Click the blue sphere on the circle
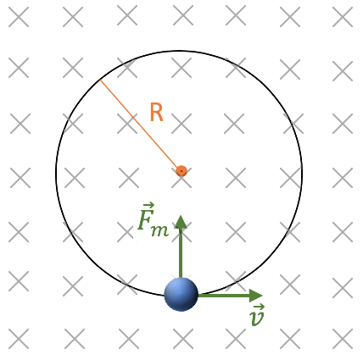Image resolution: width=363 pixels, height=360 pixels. point(181,294)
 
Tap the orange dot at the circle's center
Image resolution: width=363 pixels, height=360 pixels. point(181,171)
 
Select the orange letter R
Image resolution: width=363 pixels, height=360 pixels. point(156,113)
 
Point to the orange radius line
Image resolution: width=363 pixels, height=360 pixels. point(139,125)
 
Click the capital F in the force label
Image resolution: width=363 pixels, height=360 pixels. point(145,219)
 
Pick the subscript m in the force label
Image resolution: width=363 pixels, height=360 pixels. point(160,230)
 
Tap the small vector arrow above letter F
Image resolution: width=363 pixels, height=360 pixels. point(148,205)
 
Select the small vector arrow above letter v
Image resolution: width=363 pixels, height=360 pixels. point(259,307)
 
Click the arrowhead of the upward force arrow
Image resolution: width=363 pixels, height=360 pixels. point(181,222)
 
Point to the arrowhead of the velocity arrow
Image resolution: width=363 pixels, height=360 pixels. point(256,296)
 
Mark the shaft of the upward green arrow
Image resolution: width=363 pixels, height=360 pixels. point(181,253)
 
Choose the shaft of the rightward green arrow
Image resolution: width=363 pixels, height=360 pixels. point(224,296)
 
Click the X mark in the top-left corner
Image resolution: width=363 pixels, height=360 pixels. point(19,17)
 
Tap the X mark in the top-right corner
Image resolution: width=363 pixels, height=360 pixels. point(343,17)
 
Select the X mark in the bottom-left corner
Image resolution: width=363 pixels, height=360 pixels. point(19,339)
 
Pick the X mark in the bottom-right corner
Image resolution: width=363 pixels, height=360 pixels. point(343,339)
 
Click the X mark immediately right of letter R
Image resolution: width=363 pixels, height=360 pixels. point(181,124)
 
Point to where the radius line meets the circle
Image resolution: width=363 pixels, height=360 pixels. point(100,80)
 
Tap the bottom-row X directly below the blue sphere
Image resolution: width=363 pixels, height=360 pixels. point(183,339)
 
